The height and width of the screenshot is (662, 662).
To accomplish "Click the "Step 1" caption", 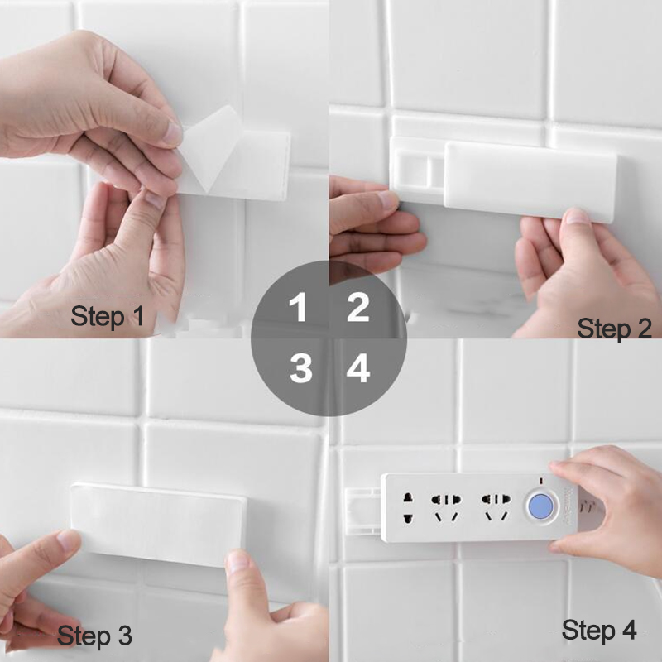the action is pyautogui.click(x=108, y=316).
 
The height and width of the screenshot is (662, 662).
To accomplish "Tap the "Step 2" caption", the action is pyautogui.click(x=614, y=329).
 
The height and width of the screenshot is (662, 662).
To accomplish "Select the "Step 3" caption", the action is pyautogui.click(x=94, y=636).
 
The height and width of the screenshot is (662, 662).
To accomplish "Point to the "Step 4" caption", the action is pyautogui.click(x=599, y=630).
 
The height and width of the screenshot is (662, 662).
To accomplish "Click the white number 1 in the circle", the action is pyautogui.click(x=299, y=307).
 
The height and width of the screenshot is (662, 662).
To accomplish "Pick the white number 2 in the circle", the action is pyautogui.click(x=358, y=307).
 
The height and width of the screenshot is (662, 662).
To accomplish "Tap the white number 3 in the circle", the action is pyautogui.click(x=300, y=368).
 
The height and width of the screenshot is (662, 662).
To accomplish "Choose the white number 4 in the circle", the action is pyautogui.click(x=358, y=368).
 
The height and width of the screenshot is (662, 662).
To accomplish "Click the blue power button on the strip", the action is pyautogui.click(x=542, y=506).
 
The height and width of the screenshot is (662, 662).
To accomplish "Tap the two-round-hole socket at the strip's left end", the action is pyautogui.click(x=408, y=508).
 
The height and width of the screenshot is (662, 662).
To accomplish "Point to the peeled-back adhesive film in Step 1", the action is pyautogui.click(x=210, y=148).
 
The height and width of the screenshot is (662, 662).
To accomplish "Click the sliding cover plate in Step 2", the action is pyautogui.click(x=530, y=182).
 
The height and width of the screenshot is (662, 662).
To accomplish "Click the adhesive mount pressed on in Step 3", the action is pyautogui.click(x=158, y=525).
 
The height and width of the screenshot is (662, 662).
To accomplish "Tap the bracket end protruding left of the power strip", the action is pyautogui.click(x=363, y=511).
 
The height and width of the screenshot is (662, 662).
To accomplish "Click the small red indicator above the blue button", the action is pyautogui.click(x=541, y=481).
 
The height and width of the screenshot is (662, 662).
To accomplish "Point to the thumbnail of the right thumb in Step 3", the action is pyautogui.click(x=237, y=562).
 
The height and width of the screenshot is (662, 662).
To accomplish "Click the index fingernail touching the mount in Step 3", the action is pyautogui.click(x=69, y=540).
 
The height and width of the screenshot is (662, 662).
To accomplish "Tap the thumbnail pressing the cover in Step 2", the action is pyautogui.click(x=576, y=216).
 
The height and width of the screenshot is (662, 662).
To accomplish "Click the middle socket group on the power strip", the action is pyautogui.click(x=446, y=507).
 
